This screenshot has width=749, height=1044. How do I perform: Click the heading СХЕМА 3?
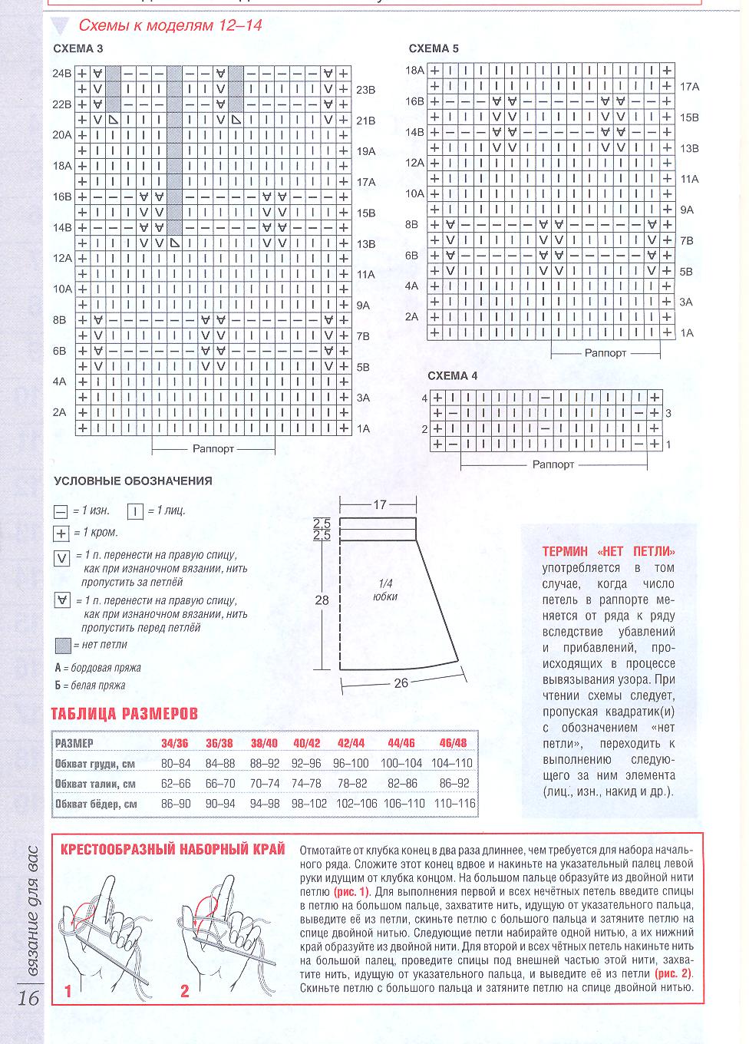coord(78,48)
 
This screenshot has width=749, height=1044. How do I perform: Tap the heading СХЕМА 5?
coord(434,48)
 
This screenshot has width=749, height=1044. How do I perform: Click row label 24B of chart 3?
coord(61,74)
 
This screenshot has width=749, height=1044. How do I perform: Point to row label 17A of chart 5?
coord(690,87)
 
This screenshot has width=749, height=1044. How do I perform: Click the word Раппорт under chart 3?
coord(213,448)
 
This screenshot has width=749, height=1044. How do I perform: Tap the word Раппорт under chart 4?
coord(553,464)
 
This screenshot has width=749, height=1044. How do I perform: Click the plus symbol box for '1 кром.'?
coord(61,534)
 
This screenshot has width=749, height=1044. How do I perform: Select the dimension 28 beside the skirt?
coord(322,600)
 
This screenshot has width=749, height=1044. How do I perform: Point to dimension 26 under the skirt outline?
coord(401,682)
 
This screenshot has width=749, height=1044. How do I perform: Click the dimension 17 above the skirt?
coord(379,505)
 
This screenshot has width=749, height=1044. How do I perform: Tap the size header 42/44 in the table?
coord(351,743)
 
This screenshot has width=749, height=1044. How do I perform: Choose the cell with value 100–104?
coord(401,763)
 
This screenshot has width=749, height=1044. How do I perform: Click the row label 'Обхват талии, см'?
coord(95,784)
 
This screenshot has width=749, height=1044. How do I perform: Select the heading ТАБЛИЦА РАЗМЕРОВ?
coord(124,714)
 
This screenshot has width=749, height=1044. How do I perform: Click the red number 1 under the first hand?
coord(68,992)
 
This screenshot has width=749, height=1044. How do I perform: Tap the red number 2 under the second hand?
coord(184,992)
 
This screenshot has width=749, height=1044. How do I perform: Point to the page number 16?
coord(27,999)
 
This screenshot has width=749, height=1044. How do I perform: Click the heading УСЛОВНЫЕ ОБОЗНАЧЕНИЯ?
coord(133,481)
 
